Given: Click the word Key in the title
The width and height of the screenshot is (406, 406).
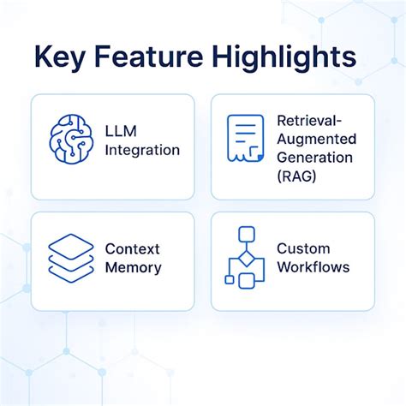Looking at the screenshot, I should click(x=65, y=58).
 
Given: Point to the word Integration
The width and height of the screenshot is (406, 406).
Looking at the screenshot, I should click(x=143, y=151).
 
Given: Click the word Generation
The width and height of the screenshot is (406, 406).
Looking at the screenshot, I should click(x=315, y=158).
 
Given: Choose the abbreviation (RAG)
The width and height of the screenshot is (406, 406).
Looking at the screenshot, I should click(x=296, y=176).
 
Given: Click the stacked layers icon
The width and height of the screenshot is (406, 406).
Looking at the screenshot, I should click(x=70, y=256).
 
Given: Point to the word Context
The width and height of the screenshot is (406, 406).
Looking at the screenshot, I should click(x=133, y=248).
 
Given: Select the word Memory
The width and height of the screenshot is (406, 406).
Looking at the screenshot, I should click(x=132, y=267).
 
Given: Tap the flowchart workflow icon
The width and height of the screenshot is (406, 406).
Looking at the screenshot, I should click(x=245, y=257).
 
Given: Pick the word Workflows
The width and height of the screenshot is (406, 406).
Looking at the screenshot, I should click(x=313, y=267).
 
